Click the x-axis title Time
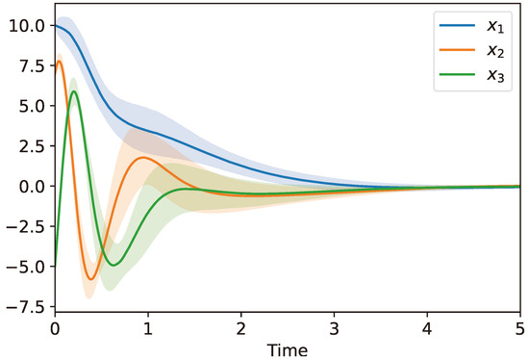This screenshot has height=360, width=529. tap(288, 347)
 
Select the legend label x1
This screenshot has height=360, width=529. tap(492, 23)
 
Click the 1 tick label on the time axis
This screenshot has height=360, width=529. tap(148, 328)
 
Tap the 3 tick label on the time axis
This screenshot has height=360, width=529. tap(334, 328)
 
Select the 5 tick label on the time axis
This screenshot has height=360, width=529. tap(519, 328)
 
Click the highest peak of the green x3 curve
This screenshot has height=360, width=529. tap(74, 91)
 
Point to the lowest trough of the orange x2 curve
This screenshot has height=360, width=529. tap(91, 279)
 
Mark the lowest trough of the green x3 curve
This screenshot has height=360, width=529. tap(113, 265)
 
